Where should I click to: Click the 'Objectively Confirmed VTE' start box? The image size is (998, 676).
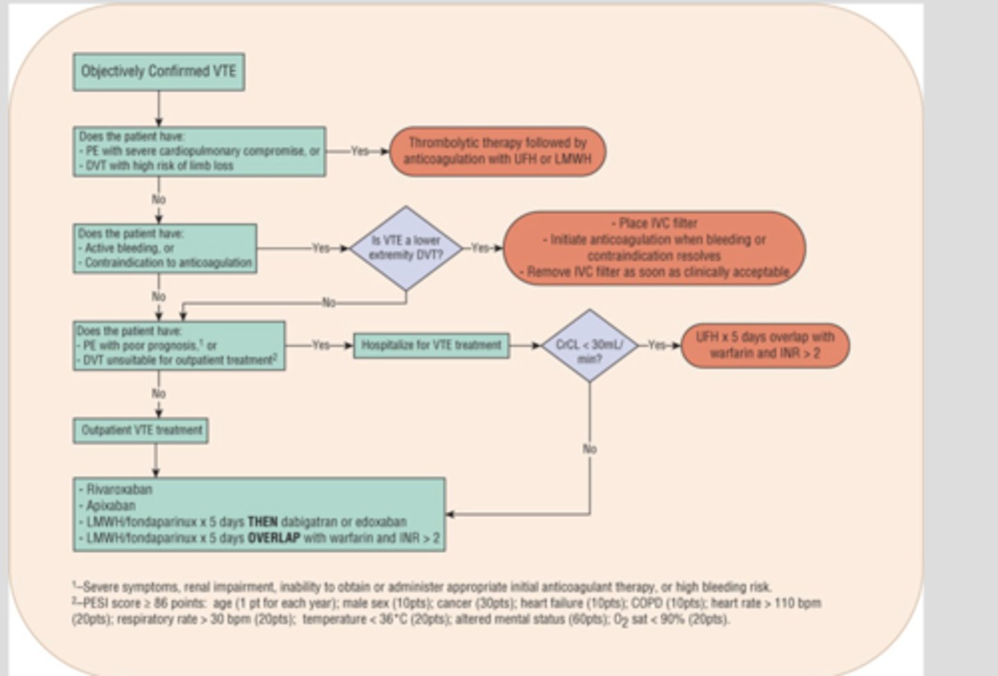[159, 72]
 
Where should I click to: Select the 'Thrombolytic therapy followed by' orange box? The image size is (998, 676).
[498, 151]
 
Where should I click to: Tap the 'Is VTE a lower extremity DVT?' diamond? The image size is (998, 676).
[406, 248]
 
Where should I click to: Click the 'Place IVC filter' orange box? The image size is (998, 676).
[654, 247]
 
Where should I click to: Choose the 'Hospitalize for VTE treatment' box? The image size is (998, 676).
[431, 346]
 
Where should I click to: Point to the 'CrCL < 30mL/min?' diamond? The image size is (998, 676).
[589, 346]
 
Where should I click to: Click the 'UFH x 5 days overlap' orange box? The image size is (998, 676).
[764, 345]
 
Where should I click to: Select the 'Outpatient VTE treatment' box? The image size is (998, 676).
[141, 430]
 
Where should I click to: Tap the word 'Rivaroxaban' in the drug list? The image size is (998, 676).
[119, 490]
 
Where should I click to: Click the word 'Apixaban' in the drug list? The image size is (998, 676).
[110, 506]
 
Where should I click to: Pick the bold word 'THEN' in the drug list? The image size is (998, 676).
[263, 522]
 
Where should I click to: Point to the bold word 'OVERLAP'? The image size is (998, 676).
[274, 538]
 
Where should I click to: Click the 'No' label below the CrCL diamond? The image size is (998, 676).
[589, 449]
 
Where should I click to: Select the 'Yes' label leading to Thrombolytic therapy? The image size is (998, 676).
[360, 151]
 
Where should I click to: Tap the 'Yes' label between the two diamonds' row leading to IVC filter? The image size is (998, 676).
[480, 248]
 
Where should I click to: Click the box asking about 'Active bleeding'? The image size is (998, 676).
[165, 248]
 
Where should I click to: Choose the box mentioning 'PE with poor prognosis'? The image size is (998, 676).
[179, 346]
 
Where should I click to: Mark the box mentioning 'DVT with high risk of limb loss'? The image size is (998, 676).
[199, 151]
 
